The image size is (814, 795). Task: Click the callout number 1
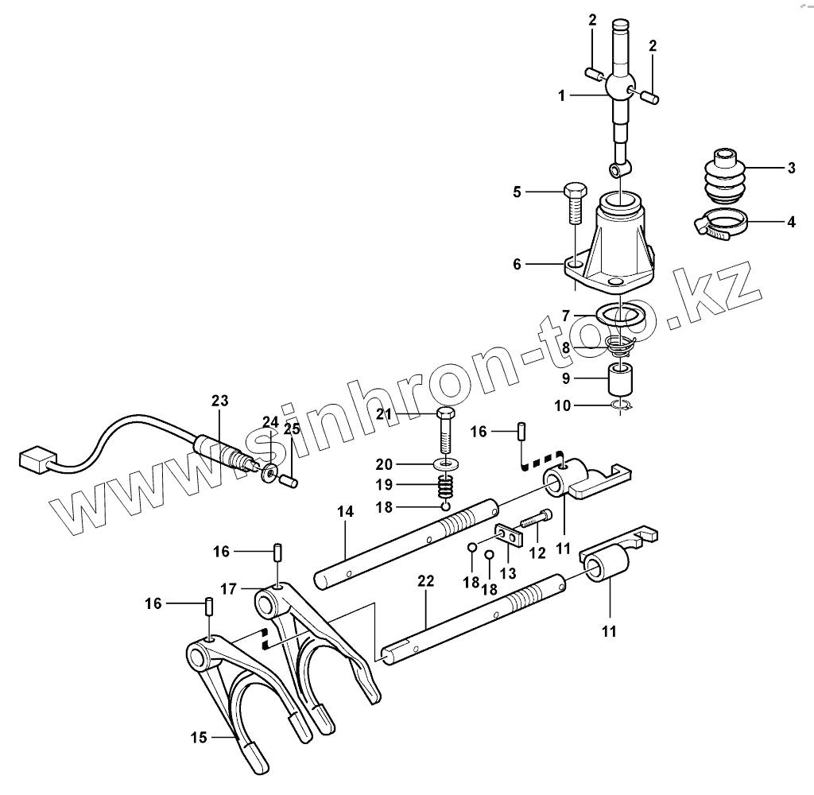tap(561, 95)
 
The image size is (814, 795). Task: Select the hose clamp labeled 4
tap(723, 224)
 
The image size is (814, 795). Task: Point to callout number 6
tap(517, 264)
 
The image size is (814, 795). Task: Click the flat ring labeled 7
tap(620, 315)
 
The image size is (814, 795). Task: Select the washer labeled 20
tap(444, 463)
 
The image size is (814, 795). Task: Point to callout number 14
tap(345, 514)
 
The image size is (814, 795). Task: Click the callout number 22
tap(426, 581)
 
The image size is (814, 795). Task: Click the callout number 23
tap(219, 401)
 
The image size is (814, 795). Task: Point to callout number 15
tap(198, 738)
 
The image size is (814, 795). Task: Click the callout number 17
tap(229, 589)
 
